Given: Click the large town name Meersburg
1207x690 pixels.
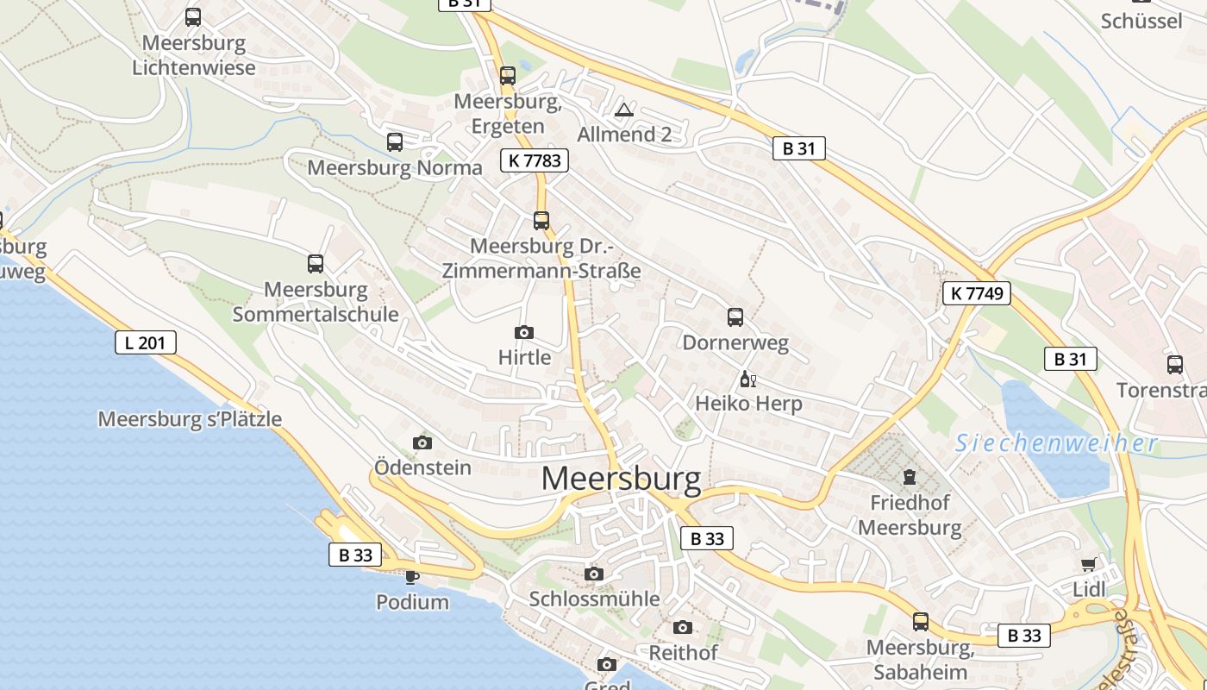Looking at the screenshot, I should tap(621, 480).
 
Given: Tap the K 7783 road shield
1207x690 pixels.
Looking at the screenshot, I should tap(535, 160).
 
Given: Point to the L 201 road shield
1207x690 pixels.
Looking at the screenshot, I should tap(145, 342).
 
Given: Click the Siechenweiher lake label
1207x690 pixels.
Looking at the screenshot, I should tap(1056, 443).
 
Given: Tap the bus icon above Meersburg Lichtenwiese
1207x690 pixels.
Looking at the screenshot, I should tap(193, 16).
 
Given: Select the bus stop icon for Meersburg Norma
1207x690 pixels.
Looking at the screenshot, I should tap(395, 142).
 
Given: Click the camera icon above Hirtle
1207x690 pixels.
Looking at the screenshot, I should tap(523, 332).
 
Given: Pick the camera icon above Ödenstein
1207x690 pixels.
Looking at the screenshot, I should tap(422, 442).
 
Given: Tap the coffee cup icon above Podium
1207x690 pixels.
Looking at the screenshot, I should tap(412, 576).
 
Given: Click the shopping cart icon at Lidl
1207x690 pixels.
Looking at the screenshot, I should tap(1089, 565).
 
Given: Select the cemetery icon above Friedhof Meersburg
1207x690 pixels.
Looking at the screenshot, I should tap(909, 476).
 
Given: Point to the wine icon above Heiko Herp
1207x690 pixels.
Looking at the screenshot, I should tap(747, 379).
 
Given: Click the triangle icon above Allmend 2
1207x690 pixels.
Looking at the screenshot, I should tap(624, 110).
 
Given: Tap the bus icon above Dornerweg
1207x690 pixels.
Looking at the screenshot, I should tap(735, 317).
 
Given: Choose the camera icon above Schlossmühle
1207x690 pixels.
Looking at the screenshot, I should tap(593, 574).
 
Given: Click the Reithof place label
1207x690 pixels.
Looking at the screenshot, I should tap(683, 653).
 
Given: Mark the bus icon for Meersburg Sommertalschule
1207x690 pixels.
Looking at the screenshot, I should tap(316, 263).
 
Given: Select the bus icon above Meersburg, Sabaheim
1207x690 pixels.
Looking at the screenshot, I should tap(921, 621).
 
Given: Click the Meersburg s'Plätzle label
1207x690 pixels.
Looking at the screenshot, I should tap(190, 419).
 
